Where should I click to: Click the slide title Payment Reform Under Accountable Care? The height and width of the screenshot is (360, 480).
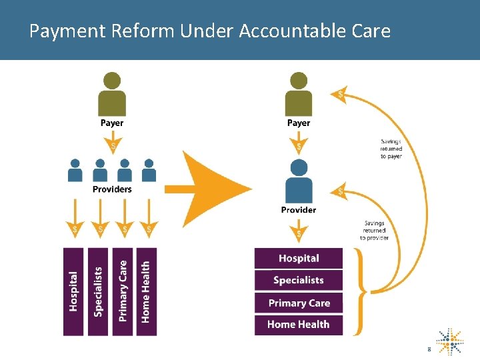[210, 31]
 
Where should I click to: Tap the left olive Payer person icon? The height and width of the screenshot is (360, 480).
[112, 95]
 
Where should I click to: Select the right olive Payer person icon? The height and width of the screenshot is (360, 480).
[298, 95]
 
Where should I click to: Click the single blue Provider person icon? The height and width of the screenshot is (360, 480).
[298, 181]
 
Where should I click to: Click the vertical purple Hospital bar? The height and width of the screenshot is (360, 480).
[73, 291]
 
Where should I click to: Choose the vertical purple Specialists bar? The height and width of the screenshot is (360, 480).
[98, 291]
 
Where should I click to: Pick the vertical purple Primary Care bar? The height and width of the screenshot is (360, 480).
[122, 291]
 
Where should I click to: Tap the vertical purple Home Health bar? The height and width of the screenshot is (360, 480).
[146, 291]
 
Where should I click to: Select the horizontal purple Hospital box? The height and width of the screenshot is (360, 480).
[299, 259]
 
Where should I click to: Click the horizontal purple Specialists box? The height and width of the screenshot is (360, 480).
[299, 281]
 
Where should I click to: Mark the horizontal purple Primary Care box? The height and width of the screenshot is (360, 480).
[299, 303]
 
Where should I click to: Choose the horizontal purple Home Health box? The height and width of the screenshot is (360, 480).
[299, 325]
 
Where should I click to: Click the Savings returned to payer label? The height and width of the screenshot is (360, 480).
[391, 149]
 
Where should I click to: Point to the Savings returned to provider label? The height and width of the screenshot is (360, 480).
[374, 231]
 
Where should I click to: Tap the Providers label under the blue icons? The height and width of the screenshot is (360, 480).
[112, 189]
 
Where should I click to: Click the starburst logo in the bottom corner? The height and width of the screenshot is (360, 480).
[450, 341]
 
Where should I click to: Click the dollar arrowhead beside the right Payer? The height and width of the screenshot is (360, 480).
[341, 95]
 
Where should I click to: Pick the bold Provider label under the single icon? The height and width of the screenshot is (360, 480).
[299, 210]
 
